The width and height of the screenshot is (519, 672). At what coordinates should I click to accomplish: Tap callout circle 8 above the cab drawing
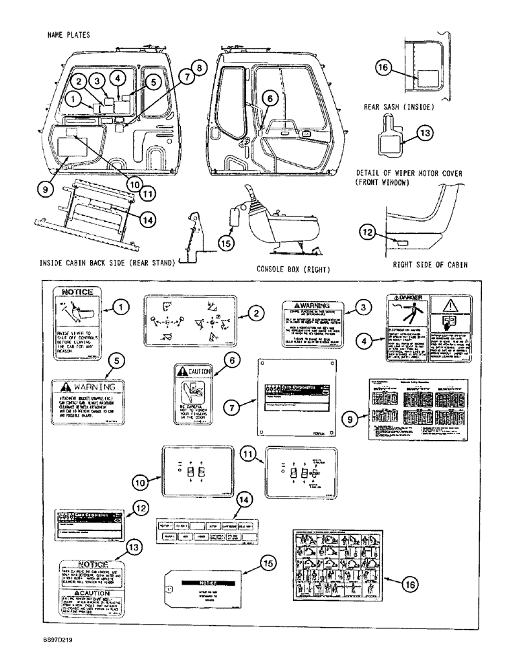[x=198, y=69]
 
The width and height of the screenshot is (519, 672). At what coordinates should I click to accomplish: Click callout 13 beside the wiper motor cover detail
[x=422, y=134]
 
